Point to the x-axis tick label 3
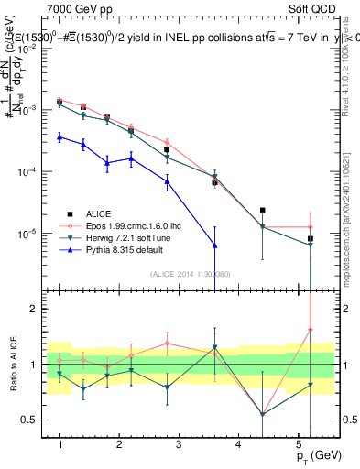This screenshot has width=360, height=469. [x=179, y=444]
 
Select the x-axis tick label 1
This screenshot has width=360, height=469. [x=60, y=444]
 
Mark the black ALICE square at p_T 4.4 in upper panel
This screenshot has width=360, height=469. [x=263, y=210]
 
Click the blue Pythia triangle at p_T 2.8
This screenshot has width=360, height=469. [x=167, y=181]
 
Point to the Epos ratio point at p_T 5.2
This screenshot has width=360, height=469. [x=310, y=330]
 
